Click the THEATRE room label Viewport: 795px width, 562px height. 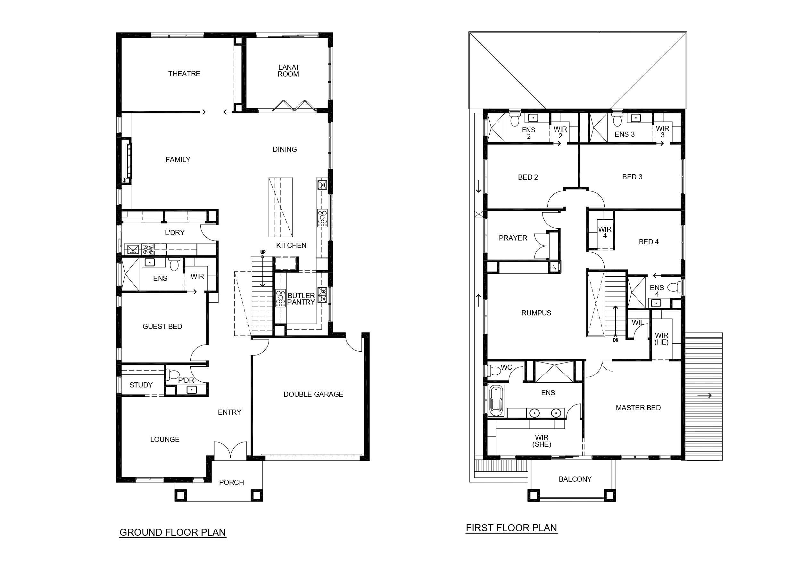pos(184,74)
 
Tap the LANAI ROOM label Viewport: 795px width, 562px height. pos(288,70)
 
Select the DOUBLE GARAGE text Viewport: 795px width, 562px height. pos(313,394)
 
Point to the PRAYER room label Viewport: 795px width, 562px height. pos(513,238)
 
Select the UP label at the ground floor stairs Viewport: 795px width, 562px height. pos(263,252)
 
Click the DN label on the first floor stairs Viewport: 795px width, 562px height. pos(615,340)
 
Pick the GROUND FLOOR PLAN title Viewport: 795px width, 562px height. pos(173,532)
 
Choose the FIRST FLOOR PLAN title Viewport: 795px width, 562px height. pos(511,528)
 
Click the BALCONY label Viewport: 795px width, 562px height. pos(575,479)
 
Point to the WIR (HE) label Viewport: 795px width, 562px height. pos(661,339)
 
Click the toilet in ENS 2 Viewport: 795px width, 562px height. pos(515,119)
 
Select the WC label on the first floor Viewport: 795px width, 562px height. pos(506,368)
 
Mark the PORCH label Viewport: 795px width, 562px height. pos(231,482)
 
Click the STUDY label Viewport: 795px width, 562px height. pos(141,385)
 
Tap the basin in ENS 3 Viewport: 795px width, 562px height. pos(635,118)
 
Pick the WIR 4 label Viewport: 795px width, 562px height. pos(605,232)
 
